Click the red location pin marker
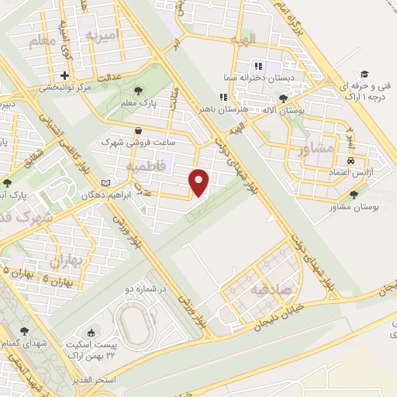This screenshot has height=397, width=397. coord(199,182)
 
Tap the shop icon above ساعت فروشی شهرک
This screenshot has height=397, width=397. coord(138,131)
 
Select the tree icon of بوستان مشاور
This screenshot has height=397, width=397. coord(354,195)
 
